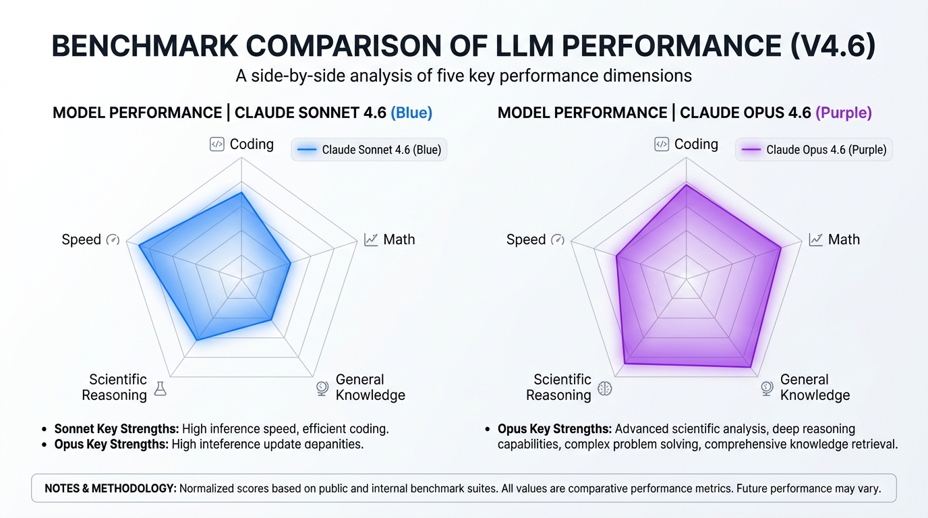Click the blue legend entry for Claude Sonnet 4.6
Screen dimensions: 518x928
click(x=369, y=150)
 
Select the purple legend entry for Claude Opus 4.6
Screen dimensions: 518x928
click(x=813, y=150)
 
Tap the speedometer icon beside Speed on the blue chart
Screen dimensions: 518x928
click(x=113, y=239)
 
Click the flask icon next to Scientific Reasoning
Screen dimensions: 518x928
click(x=160, y=388)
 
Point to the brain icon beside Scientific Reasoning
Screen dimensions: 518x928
click(x=605, y=388)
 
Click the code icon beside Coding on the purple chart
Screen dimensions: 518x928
click(x=662, y=144)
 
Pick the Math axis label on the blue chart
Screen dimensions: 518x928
click(x=399, y=239)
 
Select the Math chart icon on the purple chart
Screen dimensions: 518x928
click(x=815, y=239)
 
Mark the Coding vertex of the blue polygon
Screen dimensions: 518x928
click(x=241, y=193)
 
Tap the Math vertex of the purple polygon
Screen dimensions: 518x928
click(x=781, y=248)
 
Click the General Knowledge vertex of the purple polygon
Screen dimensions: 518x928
click(x=750, y=367)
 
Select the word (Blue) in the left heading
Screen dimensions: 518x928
click(x=411, y=113)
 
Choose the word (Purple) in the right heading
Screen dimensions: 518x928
click(x=843, y=113)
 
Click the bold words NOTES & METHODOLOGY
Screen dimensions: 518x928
click(x=110, y=488)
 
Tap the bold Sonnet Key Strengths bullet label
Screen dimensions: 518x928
click(x=116, y=428)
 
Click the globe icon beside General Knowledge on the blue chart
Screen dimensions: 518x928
click(x=322, y=388)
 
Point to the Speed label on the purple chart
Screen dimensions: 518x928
click(x=525, y=239)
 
